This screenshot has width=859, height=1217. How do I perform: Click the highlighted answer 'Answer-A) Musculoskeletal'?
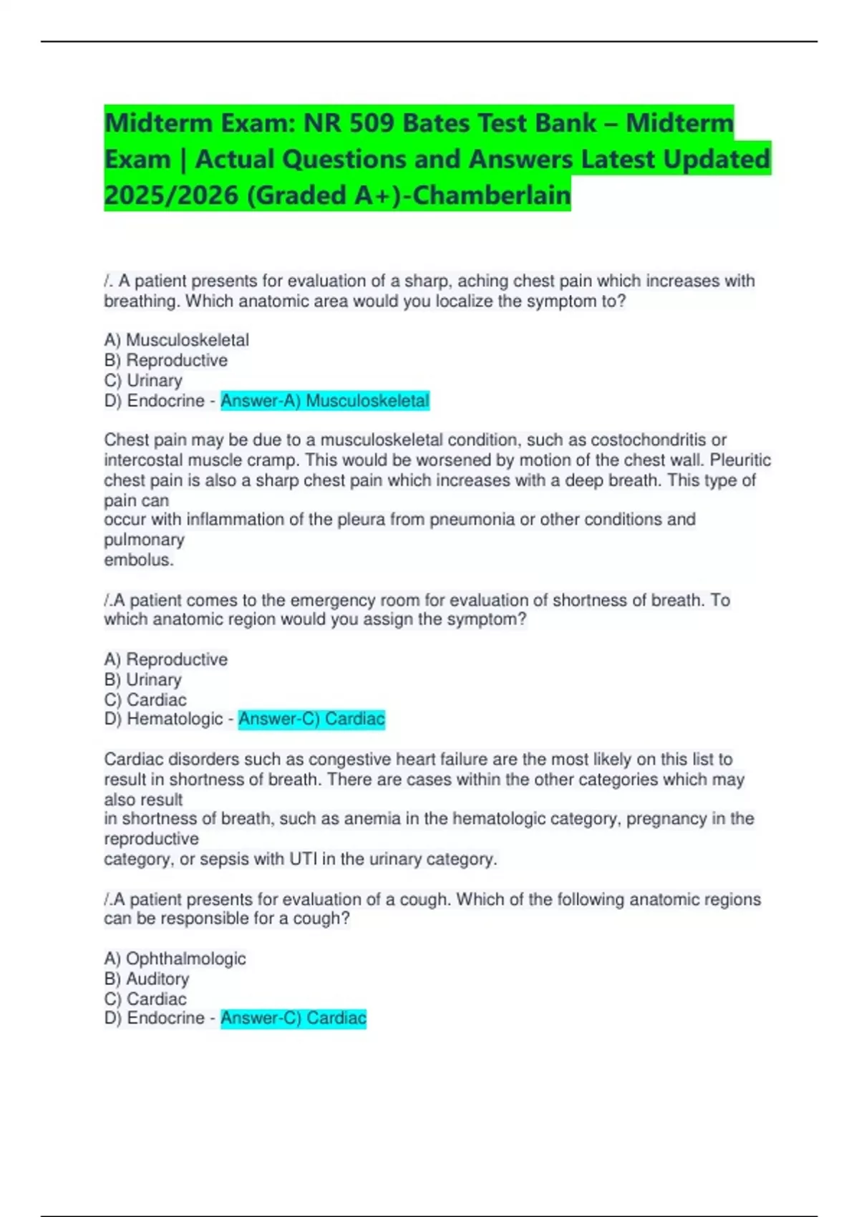point(324,401)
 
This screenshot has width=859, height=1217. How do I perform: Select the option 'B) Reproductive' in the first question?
point(166,361)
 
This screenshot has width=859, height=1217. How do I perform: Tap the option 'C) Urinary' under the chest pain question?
point(143,381)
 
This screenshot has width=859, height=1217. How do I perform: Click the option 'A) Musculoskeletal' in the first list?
point(177,340)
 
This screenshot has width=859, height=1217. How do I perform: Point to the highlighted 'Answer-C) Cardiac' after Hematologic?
point(311,719)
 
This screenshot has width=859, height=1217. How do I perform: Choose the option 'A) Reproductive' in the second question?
point(166,659)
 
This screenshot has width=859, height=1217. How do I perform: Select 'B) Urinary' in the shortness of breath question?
point(143,679)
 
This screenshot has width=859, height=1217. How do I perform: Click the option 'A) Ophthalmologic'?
point(175,959)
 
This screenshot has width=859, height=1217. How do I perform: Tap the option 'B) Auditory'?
point(147,979)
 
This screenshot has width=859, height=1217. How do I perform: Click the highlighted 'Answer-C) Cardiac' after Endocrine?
point(293,1018)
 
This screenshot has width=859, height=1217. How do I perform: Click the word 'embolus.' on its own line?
point(139,560)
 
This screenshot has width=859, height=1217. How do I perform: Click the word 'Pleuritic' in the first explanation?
point(740,460)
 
